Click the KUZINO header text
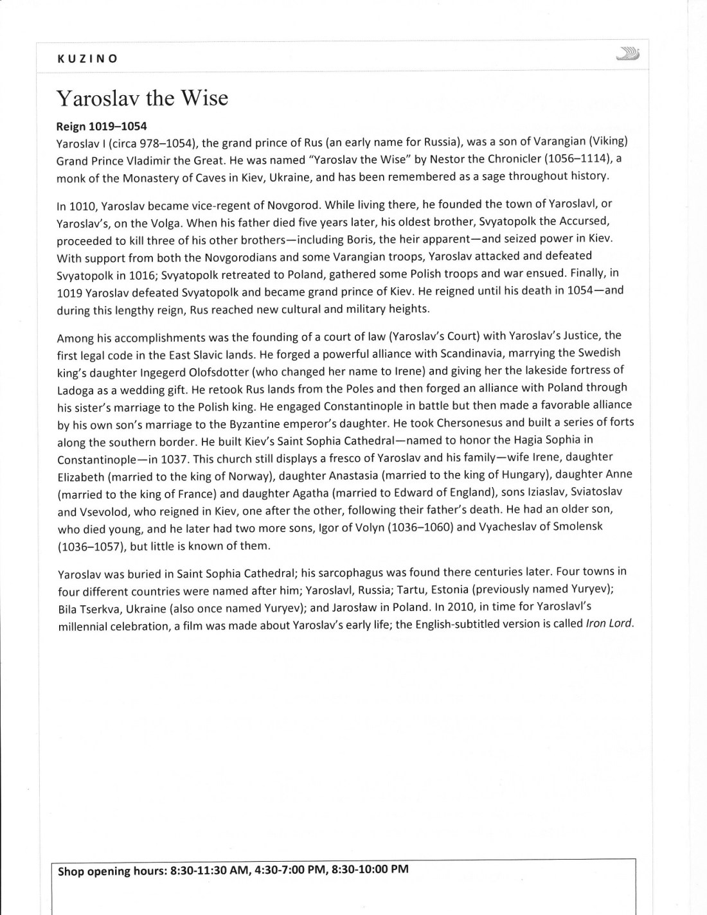coord(87,58)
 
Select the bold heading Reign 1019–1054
coord(102,127)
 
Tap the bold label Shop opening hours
coord(111,871)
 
